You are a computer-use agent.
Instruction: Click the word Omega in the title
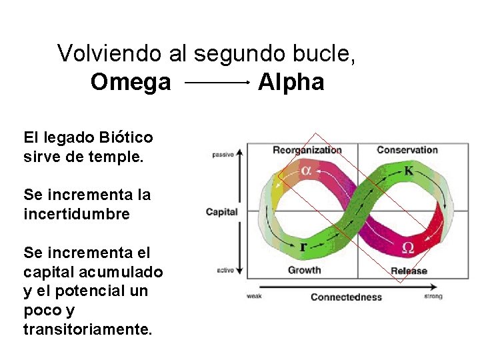click(131, 83)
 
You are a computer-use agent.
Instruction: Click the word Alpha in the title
click(291, 83)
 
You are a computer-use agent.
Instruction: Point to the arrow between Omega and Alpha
click(215, 83)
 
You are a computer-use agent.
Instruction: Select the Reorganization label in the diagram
click(307, 150)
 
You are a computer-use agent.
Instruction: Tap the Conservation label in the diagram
click(407, 150)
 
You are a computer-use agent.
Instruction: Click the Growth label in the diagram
click(304, 270)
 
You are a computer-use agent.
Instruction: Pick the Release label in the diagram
click(409, 271)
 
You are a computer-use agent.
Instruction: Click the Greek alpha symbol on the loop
click(305, 171)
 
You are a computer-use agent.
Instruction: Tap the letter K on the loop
click(408, 171)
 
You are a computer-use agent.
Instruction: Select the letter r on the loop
click(303, 247)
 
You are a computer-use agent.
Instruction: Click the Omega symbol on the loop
click(408, 248)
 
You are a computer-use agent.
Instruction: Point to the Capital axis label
click(221, 212)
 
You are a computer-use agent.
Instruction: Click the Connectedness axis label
click(346, 297)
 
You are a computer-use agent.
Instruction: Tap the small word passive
click(223, 155)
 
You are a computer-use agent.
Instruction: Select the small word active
click(225, 270)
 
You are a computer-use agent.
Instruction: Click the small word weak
click(254, 297)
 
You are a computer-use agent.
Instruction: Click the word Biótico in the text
click(126, 138)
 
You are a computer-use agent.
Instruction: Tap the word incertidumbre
click(77, 215)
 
